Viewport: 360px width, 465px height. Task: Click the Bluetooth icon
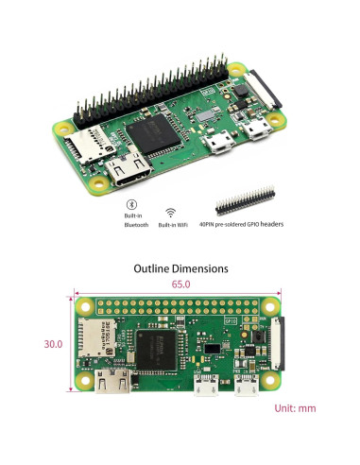[132, 204]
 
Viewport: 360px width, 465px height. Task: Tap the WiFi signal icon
[171, 213]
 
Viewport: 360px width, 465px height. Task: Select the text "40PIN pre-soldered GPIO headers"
[249, 225]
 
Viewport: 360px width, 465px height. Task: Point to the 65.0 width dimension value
[180, 284]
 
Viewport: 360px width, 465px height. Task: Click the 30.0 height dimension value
[53, 344]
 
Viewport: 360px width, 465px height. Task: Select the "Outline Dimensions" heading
[180, 268]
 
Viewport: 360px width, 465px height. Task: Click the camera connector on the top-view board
[276, 345]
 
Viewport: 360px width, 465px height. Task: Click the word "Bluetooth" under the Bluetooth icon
[136, 225]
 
